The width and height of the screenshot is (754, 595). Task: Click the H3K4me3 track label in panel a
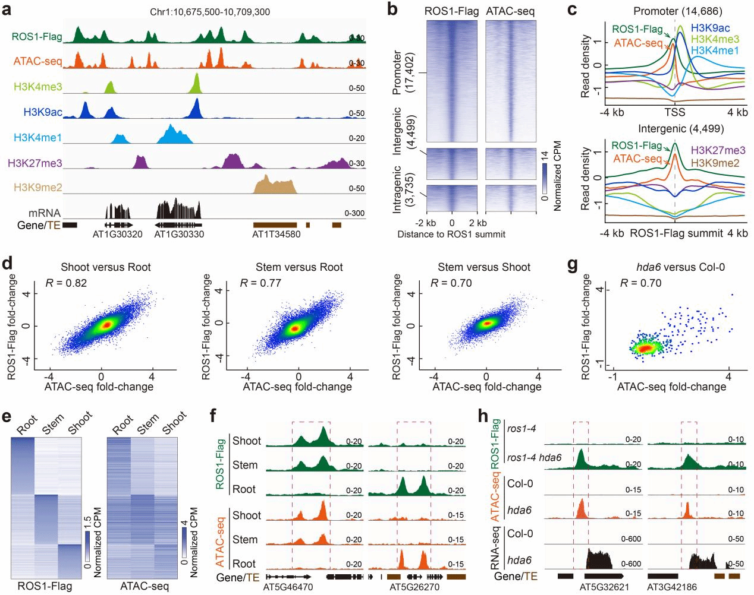click(38, 87)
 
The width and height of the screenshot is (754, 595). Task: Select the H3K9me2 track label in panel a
click(38, 188)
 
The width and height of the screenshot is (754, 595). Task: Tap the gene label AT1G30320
click(117, 235)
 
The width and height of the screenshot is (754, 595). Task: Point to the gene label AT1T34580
click(276, 235)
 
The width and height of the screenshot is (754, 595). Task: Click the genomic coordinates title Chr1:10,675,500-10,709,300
click(210, 12)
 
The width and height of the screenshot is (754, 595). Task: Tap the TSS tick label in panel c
click(674, 112)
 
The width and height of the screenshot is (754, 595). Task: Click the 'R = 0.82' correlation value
click(66, 283)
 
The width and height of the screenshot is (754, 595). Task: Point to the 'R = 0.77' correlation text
click(260, 283)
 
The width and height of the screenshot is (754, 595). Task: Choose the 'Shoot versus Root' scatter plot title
click(106, 267)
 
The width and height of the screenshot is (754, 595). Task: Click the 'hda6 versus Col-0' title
click(680, 267)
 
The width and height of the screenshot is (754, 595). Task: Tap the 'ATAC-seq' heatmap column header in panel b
click(510, 11)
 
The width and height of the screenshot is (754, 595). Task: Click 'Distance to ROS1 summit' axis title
click(451, 235)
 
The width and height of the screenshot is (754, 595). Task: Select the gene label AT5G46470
click(288, 587)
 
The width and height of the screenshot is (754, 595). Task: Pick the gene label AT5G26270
click(414, 587)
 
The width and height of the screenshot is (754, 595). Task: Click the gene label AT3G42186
click(672, 587)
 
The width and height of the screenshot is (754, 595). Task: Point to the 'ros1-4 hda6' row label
click(534, 458)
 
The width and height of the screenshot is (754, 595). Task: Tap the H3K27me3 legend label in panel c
click(718, 150)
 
